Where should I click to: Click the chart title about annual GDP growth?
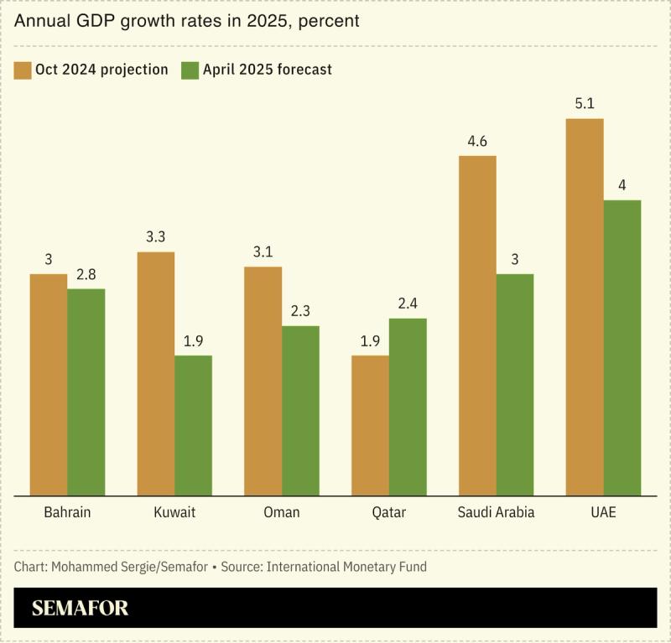point(186,21)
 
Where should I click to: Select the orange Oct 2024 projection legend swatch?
point(23,69)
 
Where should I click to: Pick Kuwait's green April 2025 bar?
point(193,425)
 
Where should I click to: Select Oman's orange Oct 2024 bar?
point(263,381)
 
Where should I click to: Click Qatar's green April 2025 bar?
point(408,407)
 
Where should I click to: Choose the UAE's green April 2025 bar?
point(622,347)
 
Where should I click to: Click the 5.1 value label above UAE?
point(585,104)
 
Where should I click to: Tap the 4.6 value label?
point(477,141)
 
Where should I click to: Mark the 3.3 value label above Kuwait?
point(155,237)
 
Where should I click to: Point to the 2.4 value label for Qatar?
point(408,303)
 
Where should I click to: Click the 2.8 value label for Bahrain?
point(86,274)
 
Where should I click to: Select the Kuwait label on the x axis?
point(174,511)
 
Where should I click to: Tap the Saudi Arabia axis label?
point(496,511)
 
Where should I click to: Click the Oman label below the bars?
point(281,511)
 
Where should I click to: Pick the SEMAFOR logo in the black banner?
point(81,608)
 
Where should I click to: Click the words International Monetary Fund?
point(346,567)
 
